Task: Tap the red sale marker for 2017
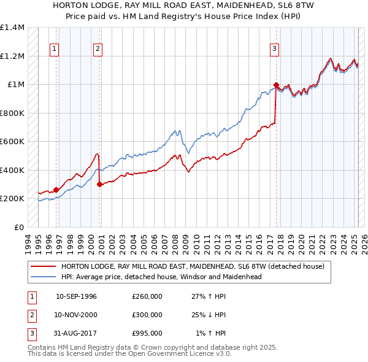tap(276, 85)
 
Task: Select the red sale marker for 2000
tap(99, 184)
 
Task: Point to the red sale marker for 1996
tap(56, 190)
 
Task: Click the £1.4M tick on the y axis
tap(12, 28)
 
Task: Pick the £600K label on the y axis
tap(12, 142)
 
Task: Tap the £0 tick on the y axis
tap(18, 227)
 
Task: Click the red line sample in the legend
tap(43, 266)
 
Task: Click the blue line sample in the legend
tap(43, 277)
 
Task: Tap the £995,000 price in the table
tap(147, 333)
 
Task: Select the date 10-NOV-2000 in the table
tap(76, 315)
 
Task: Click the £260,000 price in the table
tap(147, 296)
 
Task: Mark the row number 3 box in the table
tap(31, 333)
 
